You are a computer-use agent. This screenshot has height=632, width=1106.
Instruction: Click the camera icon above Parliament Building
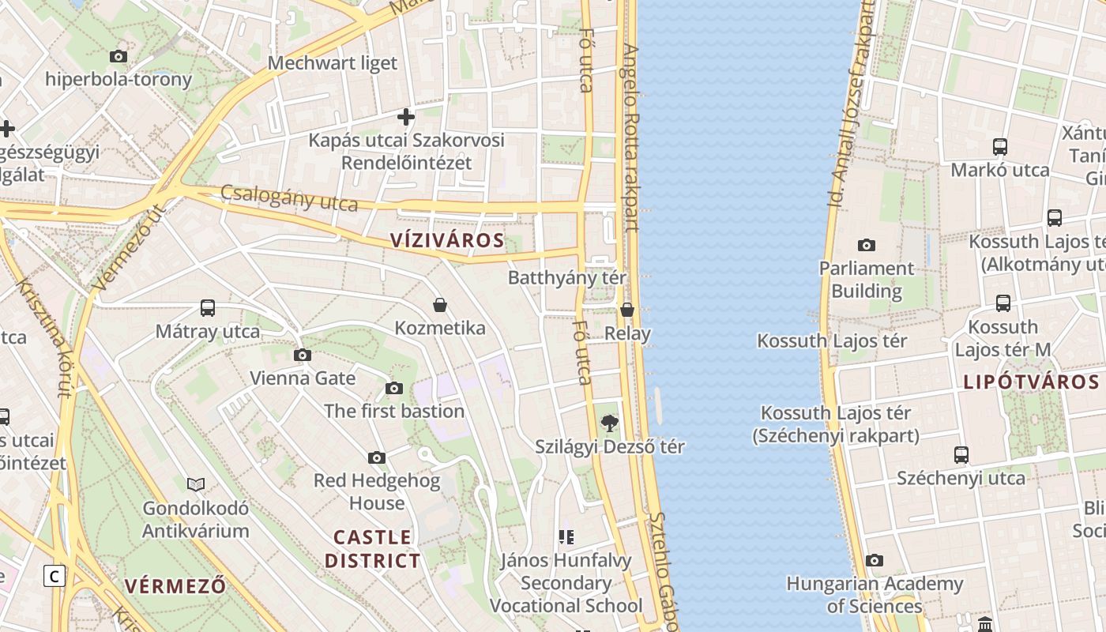[867, 245]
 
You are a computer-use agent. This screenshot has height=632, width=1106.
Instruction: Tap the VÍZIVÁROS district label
[447, 240]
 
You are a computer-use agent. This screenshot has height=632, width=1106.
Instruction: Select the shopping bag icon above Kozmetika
[440, 305]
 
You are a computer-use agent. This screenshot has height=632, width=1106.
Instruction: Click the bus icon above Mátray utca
[208, 308]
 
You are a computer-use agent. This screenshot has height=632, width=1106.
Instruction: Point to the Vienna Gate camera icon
[303, 355]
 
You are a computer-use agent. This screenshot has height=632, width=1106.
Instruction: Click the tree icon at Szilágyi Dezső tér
[609, 423]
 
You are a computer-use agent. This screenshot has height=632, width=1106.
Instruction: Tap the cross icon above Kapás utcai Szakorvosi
[406, 118]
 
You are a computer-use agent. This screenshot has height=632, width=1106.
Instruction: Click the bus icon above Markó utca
[1000, 147]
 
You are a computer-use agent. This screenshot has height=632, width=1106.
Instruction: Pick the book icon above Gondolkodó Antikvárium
[196, 484]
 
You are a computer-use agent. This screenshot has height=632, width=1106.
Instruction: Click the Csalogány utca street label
[289, 198]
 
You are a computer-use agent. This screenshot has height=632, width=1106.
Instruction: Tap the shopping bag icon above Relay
[627, 310]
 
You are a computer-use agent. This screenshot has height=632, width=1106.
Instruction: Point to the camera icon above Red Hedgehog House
[377, 457]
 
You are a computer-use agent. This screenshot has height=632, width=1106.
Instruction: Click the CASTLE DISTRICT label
[372, 549]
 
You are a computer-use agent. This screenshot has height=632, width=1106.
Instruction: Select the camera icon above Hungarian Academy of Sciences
[875, 560]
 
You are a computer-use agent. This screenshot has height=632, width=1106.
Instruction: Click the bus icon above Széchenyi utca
[961, 455]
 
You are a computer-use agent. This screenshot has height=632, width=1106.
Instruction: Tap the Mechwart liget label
[333, 63]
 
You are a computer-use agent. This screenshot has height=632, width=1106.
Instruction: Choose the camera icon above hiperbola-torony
[118, 56]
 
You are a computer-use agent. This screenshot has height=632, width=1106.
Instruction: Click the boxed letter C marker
[54, 576]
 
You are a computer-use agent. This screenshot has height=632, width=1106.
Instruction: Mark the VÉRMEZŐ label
[175, 586]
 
